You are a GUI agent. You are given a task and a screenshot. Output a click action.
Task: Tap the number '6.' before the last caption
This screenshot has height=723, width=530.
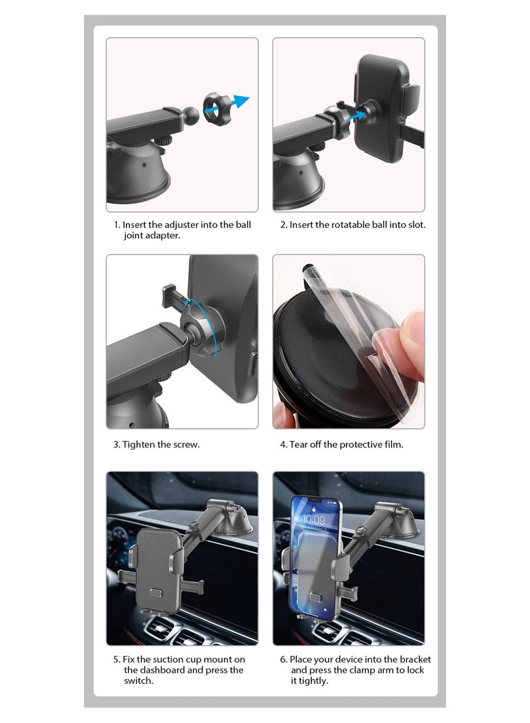(x=284, y=659)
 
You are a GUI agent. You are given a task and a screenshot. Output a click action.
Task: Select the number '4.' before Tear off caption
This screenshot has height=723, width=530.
(x=284, y=444)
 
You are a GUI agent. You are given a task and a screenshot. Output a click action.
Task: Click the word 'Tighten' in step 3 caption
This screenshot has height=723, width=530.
(x=138, y=444)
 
